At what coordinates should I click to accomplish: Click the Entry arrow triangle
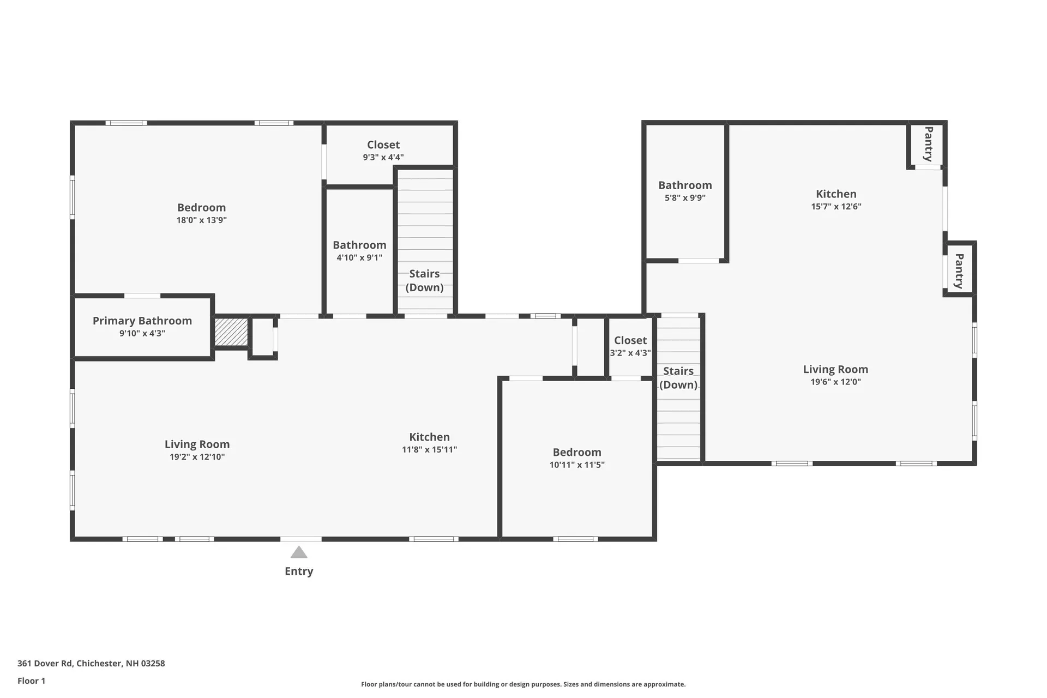point(299,552)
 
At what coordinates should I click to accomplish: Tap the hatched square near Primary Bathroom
point(231,332)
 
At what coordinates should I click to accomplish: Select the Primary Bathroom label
point(142,321)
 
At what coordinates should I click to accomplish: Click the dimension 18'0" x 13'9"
point(201,220)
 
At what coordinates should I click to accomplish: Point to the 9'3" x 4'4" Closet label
point(383,145)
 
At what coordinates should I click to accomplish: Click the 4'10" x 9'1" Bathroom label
point(359,245)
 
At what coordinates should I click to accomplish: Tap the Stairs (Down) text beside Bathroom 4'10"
point(424,280)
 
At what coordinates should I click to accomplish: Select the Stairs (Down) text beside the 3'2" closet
point(678,377)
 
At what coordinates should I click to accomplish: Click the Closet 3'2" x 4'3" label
point(630,340)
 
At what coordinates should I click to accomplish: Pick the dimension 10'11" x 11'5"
point(577,465)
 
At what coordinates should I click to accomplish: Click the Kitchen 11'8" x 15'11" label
point(429,437)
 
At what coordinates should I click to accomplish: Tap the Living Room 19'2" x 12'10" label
point(197,444)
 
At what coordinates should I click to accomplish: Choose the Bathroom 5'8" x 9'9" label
point(685,185)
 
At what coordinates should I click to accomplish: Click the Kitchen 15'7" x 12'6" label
point(836,194)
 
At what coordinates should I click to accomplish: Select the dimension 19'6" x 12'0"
point(835,382)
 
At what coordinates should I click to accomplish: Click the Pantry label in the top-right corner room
point(928,144)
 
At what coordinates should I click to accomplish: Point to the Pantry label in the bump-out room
point(959,271)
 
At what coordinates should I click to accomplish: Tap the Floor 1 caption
point(31,681)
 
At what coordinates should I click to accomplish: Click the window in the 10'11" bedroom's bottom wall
point(575,539)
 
